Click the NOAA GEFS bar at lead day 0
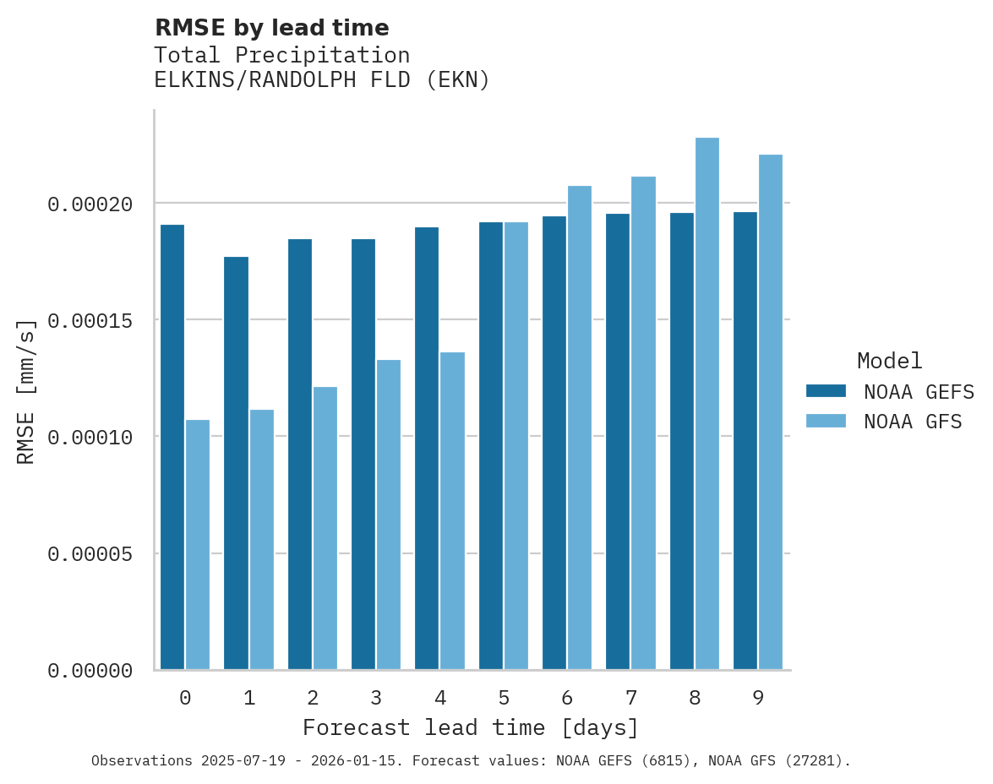[172, 447]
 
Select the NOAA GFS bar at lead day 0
[198, 545]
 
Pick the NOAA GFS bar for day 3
[389, 514]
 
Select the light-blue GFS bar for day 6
[580, 427]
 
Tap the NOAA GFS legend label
[913, 421]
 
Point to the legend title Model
[889, 361]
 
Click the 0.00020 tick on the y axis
[90, 204]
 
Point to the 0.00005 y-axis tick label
[90, 554]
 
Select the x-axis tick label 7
[630, 698]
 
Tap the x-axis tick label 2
[313, 698]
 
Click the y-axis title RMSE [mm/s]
[26, 391]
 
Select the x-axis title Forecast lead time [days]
[471, 727]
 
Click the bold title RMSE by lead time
[271, 28]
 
